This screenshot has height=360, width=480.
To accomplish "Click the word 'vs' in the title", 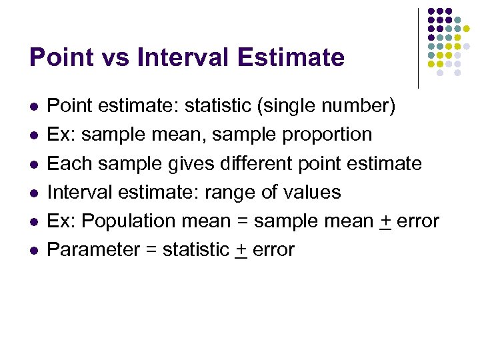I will [x=113, y=57].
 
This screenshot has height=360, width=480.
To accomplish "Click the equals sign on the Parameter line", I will [x=152, y=250].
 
